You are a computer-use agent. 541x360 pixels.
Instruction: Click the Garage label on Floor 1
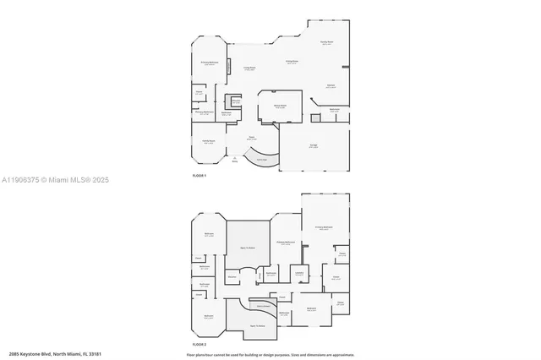[313, 146]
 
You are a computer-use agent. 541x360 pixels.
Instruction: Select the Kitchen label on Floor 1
[331, 85]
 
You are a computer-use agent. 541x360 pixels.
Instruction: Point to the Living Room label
[250, 68]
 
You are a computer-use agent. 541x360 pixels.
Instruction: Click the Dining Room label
[291, 62]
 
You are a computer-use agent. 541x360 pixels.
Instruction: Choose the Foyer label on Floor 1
[251, 138]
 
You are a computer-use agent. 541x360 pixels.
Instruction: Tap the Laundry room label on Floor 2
[299, 273]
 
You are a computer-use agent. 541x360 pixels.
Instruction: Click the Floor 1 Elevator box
[236, 102]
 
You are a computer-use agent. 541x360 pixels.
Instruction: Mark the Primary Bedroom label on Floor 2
[324, 227]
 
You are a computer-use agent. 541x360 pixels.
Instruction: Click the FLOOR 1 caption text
[199, 175]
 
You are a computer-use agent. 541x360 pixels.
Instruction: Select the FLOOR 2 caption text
[199, 345]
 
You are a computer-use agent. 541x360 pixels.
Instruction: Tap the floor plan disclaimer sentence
[270, 354]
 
